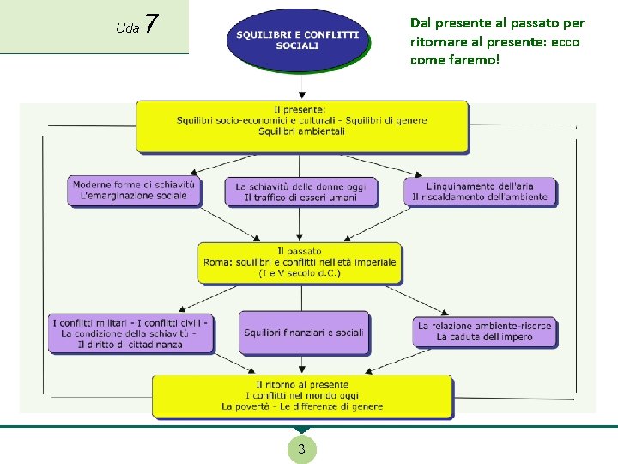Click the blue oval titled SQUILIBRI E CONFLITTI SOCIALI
pyautogui.click(x=298, y=40)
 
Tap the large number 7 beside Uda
pyautogui.click(x=151, y=23)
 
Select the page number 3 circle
pyautogui.click(x=301, y=449)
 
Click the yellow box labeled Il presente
pyautogui.click(x=302, y=126)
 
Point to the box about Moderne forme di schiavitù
pyautogui.click(x=134, y=191)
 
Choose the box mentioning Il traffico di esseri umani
pyautogui.click(x=301, y=192)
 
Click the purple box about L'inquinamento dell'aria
pyautogui.click(x=480, y=192)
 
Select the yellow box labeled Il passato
pyautogui.click(x=300, y=263)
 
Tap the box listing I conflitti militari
pyautogui.click(x=130, y=333)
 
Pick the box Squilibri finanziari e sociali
pyautogui.click(x=304, y=333)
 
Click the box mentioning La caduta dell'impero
pyautogui.click(x=485, y=333)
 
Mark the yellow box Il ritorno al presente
pyautogui.click(x=302, y=396)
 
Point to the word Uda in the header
pyautogui.click(x=128, y=28)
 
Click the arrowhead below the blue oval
pyautogui.click(x=302, y=95)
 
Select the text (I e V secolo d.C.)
pyautogui.click(x=300, y=273)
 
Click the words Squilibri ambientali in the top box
pyautogui.click(x=301, y=131)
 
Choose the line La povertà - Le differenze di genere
pyautogui.click(x=302, y=406)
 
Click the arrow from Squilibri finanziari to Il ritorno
pyautogui.click(x=302, y=363)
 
